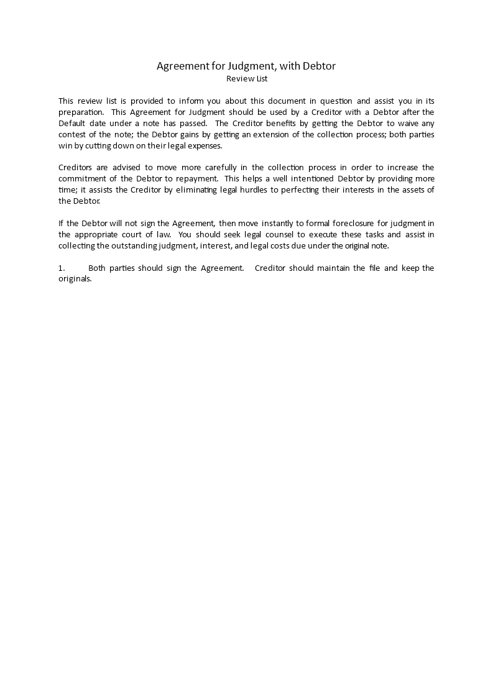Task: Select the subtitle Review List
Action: pyautogui.click(x=247, y=79)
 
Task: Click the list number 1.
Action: pyautogui.click(x=62, y=268)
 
